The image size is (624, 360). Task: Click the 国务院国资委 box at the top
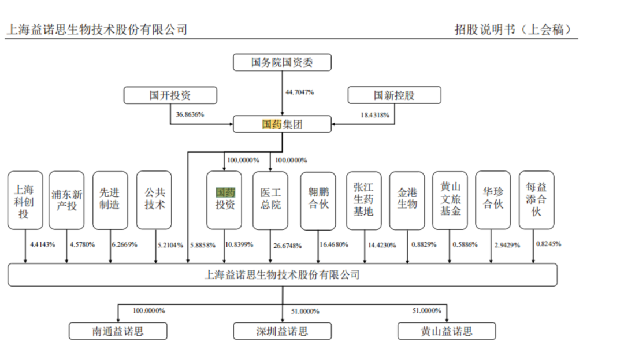(x=282, y=62)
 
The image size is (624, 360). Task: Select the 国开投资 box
(x=170, y=95)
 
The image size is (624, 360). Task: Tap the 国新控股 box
(x=393, y=95)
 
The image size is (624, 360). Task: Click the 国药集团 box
(x=282, y=124)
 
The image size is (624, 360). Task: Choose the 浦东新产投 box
(x=66, y=200)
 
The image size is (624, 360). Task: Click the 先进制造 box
(x=110, y=200)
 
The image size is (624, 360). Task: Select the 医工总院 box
(x=270, y=200)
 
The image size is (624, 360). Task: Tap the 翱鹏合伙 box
(x=318, y=200)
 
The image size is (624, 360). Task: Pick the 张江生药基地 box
(x=363, y=200)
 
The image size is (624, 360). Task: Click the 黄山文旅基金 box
(x=450, y=200)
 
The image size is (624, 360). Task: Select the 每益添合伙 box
(x=536, y=200)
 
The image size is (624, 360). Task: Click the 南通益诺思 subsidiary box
(x=118, y=331)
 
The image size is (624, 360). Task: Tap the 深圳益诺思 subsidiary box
(x=282, y=331)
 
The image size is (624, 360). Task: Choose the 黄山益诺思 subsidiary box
(x=447, y=331)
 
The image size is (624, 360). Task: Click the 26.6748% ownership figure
(x=287, y=246)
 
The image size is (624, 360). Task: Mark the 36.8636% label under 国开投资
(x=190, y=114)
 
